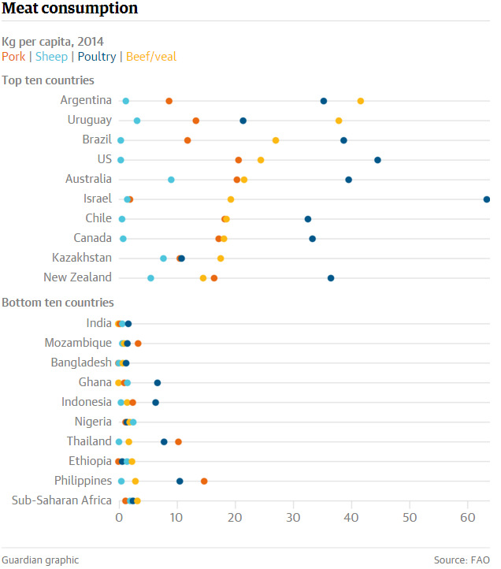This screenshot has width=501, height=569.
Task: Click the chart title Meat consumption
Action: pos(70,9)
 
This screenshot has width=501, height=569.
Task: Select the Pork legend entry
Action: pos(13,57)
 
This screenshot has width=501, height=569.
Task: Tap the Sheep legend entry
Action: pos(51,57)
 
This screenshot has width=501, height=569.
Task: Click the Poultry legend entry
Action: pos(96,57)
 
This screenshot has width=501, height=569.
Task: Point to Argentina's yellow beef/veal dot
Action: pos(361,101)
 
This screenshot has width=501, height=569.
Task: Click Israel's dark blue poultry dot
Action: pos(487,199)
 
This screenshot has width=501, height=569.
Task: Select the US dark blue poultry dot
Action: pos(377,160)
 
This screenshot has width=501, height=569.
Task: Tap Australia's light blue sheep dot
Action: pos(171,180)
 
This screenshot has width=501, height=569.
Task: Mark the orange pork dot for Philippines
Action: pos(204,481)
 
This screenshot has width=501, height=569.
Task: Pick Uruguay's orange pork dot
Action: pos(196,121)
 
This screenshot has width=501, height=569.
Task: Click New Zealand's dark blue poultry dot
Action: pos(331,278)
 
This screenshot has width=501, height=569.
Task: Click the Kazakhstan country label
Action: pos(82,258)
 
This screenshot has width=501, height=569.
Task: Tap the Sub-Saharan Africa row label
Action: pos(62,500)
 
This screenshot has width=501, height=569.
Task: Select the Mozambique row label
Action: pos(79,343)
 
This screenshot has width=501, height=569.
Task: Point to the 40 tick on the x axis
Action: pos(351,518)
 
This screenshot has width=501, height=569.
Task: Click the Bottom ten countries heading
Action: pos(58,303)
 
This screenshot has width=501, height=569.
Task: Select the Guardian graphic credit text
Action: pos(40,560)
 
